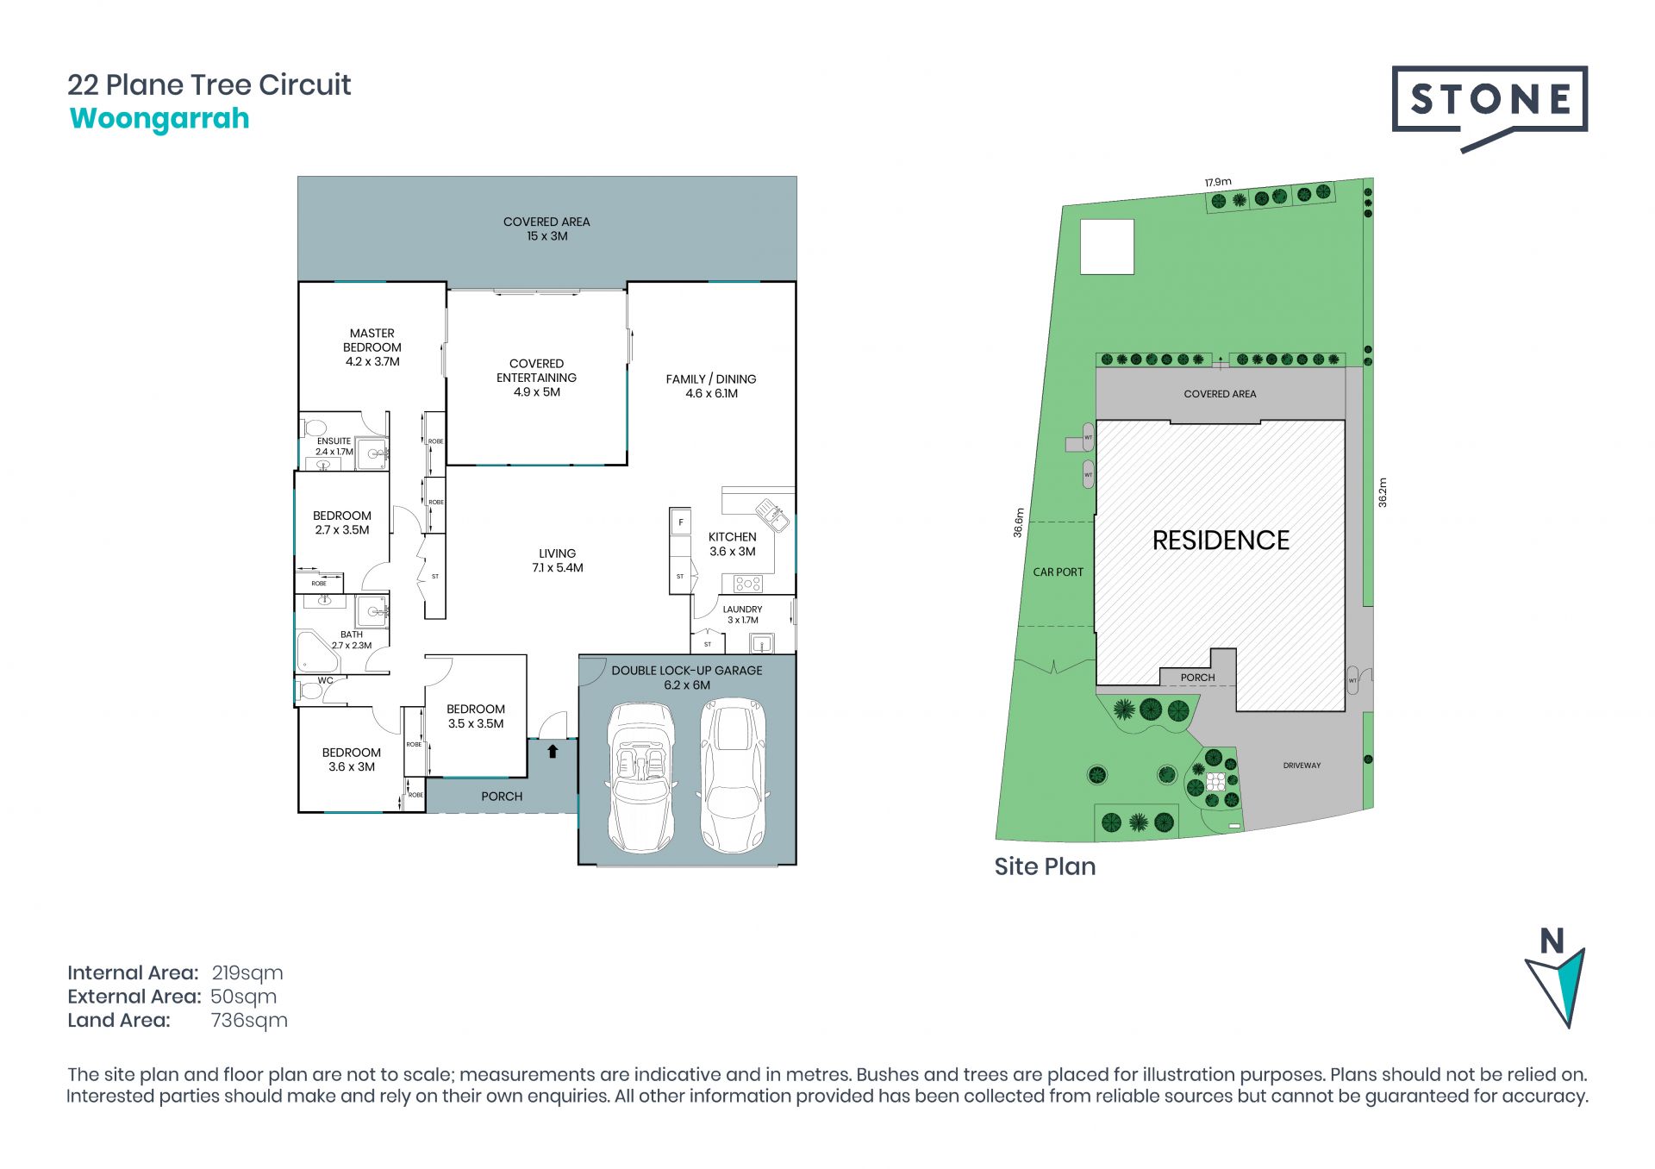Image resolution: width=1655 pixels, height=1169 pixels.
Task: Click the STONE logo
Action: pos(1489,108)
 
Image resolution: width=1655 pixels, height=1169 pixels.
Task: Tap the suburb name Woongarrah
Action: pos(159,119)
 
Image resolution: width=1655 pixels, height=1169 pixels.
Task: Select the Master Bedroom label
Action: pos(372,347)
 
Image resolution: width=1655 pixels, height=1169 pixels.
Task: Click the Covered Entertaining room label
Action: pos(536,378)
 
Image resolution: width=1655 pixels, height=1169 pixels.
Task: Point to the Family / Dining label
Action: pos(711,386)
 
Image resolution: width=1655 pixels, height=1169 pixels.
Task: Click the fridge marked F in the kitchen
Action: pos(680,522)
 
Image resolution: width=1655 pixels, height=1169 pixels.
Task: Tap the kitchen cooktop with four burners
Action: pos(747,584)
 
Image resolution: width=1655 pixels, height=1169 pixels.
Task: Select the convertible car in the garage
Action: pos(641,777)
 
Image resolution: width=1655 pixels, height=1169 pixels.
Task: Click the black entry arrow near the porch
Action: pos(553,751)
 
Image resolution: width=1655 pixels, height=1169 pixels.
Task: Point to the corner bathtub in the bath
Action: pos(315,652)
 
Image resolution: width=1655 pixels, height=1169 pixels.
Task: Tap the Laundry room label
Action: pos(742,615)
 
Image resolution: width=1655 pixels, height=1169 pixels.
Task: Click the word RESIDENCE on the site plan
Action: pos(1221,541)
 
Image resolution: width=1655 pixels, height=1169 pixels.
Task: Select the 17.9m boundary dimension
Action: pos(1218,182)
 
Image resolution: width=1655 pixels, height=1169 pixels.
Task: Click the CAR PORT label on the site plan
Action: pos(1058,572)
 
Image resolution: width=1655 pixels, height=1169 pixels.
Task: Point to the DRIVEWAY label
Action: pos(1302,766)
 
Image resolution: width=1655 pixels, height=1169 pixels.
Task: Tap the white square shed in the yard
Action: pos(1107,247)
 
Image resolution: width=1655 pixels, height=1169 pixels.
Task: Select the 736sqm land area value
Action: pos(249,1021)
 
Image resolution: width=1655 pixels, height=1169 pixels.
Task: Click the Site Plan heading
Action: pos(1045,867)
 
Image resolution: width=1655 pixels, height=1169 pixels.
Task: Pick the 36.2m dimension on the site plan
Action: pos(1383,492)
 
